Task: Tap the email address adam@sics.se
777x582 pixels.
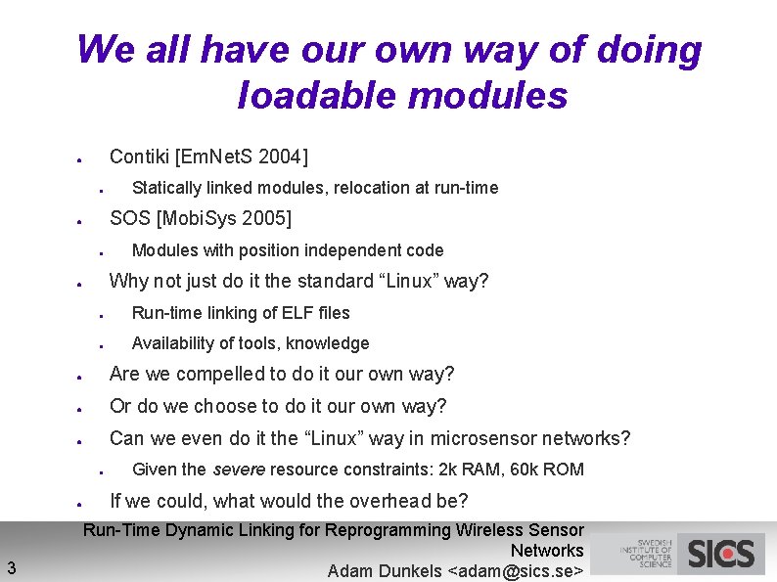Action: [x=515, y=571]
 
